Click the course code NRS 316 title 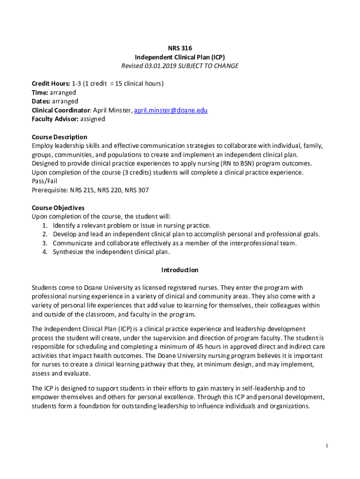point(180,48)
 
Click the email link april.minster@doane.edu point(171,110)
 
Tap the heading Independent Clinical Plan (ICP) point(180,57)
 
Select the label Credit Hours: point(51,84)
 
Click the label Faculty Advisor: point(55,119)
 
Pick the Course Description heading point(59,137)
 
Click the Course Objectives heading point(58,208)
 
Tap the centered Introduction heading point(180,270)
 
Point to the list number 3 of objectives point(44,243)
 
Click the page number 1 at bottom point(327,446)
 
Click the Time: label point(40,93)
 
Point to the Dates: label point(41,102)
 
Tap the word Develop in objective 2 point(65,234)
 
